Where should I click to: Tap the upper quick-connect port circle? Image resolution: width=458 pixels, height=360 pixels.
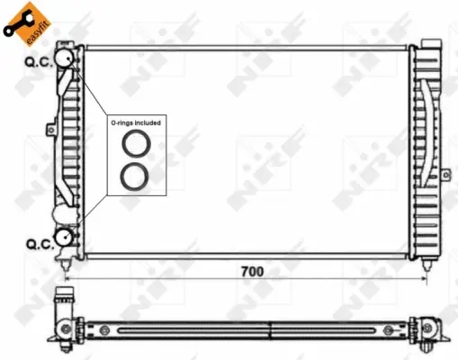click(x=66, y=58)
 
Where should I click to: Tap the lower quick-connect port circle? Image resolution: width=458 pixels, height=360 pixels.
click(x=66, y=237)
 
